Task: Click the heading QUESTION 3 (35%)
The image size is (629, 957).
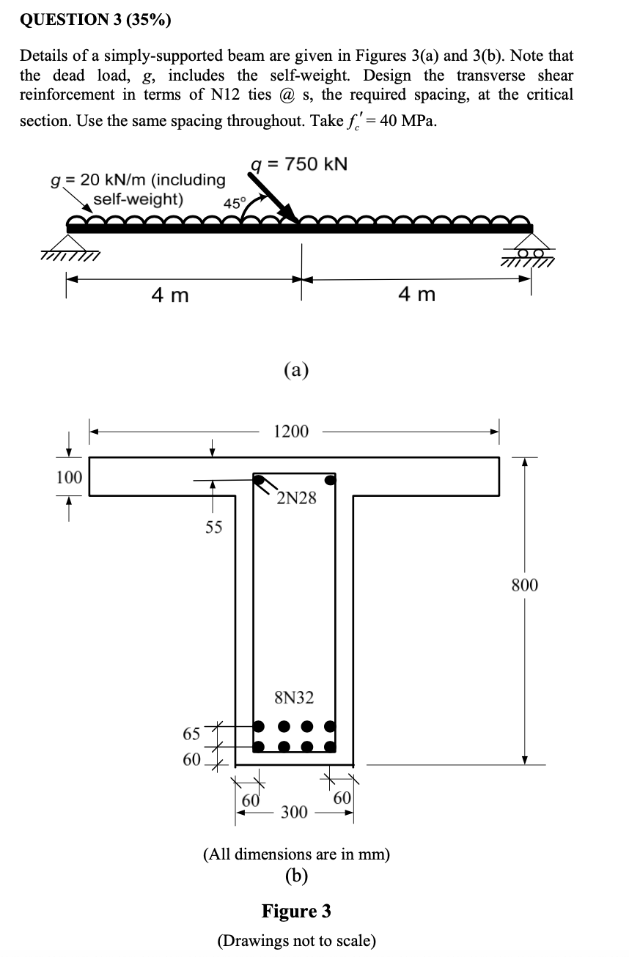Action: tap(95, 20)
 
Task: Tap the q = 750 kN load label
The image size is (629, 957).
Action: tap(298, 163)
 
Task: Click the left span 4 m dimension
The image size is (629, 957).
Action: tap(170, 295)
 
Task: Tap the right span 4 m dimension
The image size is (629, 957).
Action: tap(416, 295)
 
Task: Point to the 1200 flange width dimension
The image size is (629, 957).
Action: tap(290, 432)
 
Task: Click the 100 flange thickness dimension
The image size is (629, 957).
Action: tap(70, 478)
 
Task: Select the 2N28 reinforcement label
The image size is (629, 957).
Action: tap(297, 499)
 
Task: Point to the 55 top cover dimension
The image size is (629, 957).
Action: tap(213, 527)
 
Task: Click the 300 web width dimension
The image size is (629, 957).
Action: tap(295, 812)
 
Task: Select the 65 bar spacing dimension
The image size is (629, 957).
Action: tap(191, 734)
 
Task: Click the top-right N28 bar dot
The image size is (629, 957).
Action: tap(331, 481)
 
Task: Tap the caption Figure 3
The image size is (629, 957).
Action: tap(296, 911)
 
